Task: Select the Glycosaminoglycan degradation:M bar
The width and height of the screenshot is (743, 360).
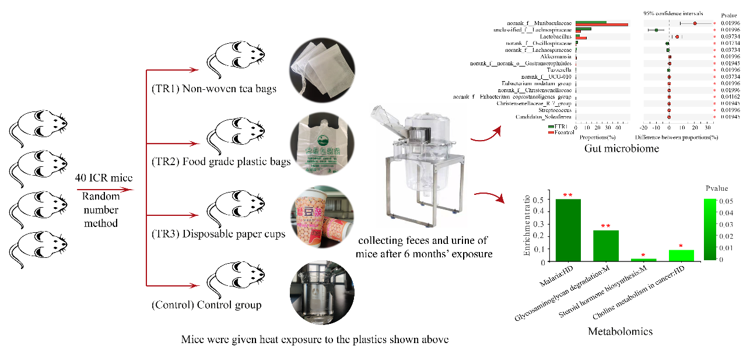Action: [606, 246]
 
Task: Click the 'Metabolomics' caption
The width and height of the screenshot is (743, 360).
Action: [620, 331]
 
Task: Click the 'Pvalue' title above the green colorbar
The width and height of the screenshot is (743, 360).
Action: [716, 189]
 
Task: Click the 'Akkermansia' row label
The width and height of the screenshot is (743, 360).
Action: [557, 57]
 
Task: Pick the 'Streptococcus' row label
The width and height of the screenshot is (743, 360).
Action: [554, 110]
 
